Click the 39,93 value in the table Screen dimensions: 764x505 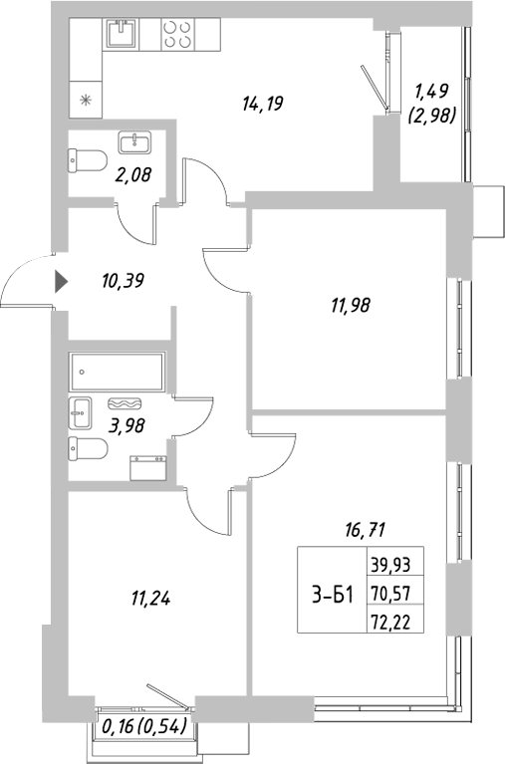click(x=389, y=564)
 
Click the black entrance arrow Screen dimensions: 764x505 click(x=61, y=282)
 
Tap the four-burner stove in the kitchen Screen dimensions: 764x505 click(x=177, y=37)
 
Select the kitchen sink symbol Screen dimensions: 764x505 click(x=123, y=36)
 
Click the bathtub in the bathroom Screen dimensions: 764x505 click(x=119, y=375)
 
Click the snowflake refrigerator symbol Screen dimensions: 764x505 click(x=85, y=99)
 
